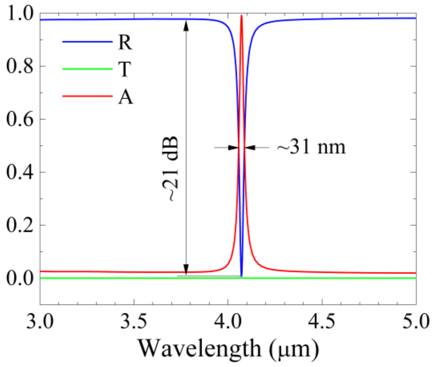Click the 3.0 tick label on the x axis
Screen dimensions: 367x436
click(x=40, y=321)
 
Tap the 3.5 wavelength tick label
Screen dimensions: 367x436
click(x=134, y=321)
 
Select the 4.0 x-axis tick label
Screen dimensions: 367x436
click(x=228, y=321)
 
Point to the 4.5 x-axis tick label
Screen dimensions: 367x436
click(x=322, y=321)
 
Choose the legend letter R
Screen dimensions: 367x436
click(x=125, y=42)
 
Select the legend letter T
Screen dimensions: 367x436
click(x=124, y=69)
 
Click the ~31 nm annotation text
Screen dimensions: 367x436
click(x=311, y=147)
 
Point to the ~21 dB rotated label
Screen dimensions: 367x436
click(x=170, y=169)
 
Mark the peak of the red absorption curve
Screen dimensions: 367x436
click(x=242, y=16)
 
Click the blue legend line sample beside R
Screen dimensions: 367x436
click(x=87, y=42)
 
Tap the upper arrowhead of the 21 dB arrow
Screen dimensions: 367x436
click(x=186, y=25)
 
